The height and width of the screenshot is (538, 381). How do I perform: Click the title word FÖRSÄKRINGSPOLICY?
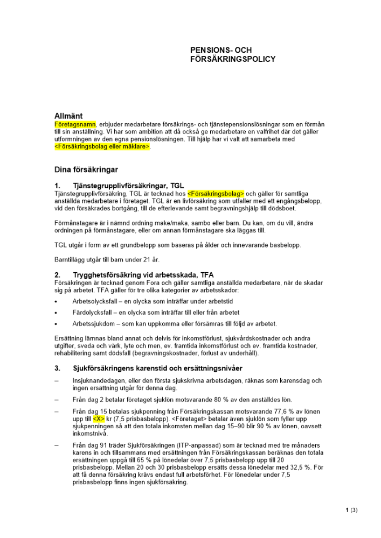[x=233, y=59]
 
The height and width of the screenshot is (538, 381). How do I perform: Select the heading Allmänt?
[x=68, y=116]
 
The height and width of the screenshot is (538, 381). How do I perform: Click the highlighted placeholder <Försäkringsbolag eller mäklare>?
[x=102, y=146]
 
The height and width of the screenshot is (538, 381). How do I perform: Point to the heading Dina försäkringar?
[x=86, y=169]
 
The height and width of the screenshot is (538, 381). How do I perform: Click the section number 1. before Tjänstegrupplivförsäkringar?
[x=58, y=185]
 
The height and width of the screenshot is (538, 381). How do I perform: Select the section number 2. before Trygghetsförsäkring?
[x=58, y=275]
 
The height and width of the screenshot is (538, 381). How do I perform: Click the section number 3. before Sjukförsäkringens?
[x=58, y=369]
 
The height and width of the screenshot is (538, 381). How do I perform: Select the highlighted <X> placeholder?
[x=99, y=419]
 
